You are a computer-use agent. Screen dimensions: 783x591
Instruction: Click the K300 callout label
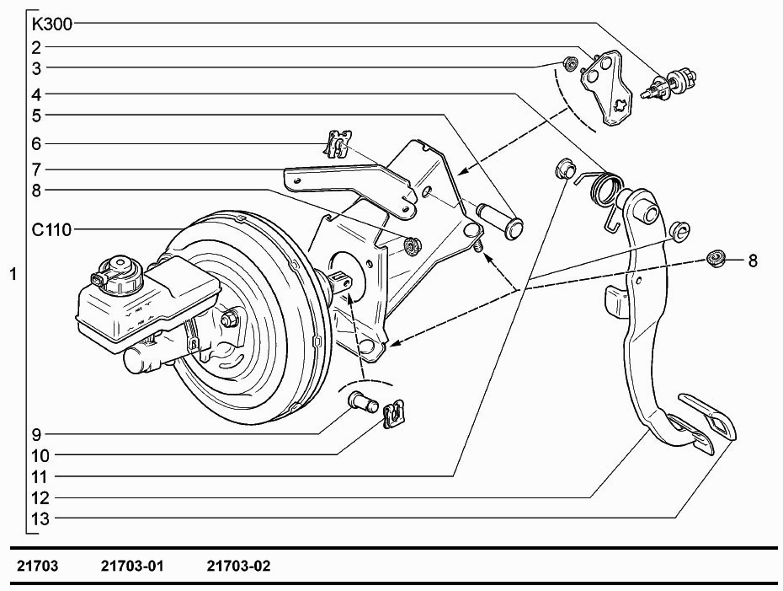pyautogui.click(x=52, y=24)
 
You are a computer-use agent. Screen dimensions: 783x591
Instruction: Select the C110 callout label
pyautogui.click(x=51, y=230)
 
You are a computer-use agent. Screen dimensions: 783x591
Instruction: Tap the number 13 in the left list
pyautogui.click(x=40, y=518)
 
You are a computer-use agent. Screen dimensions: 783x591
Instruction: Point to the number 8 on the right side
pyautogui.click(x=753, y=261)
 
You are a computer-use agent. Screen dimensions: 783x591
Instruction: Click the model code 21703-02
pyautogui.click(x=238, y=566)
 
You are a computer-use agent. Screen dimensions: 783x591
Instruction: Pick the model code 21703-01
pyautogui.click(x=132, y=566)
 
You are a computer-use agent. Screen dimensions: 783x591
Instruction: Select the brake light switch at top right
pyautogui.click(x=669, y=83)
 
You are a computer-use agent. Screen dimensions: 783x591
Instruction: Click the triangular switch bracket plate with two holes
pyautogui.click(x=607, y=88)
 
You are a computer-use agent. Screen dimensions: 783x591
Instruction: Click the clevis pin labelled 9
pyautogui.click(x=362, y=402)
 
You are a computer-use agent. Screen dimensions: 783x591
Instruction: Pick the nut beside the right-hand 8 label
pyautogui.click(x=716, y=259)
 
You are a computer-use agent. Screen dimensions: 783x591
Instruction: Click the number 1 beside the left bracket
pyautogui.click(x=13, y=274)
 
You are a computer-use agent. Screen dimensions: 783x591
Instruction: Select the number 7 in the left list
pyautogui.click(x=36, y=170)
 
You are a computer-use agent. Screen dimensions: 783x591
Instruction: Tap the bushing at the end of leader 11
pyautogui.click(x=565, y=169)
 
